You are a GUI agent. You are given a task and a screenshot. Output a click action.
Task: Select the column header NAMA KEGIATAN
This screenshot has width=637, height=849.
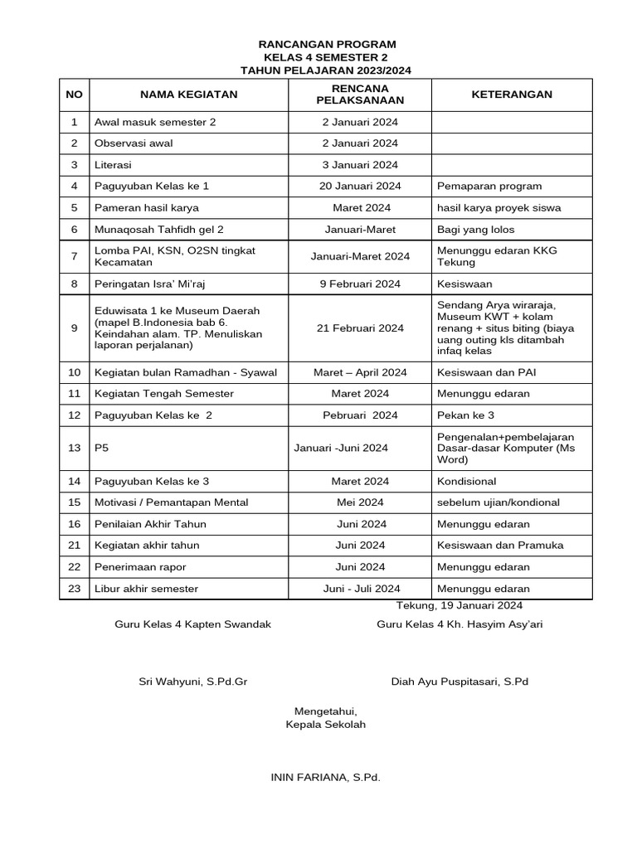click(188, 95)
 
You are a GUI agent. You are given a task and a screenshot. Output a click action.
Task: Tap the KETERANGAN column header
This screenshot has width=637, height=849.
click(511, 95)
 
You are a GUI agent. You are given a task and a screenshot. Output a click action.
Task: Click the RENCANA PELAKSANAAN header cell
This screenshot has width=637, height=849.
click(360, 95)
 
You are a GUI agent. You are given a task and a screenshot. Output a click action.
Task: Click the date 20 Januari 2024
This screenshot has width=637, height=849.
click(360, 187)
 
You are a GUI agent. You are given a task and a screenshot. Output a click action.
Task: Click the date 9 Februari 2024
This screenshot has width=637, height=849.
click(360, 284)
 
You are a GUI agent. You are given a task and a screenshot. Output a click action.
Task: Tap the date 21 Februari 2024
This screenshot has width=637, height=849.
click(360, 328)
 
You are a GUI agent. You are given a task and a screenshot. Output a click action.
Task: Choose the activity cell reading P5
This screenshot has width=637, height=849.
click(102, 449)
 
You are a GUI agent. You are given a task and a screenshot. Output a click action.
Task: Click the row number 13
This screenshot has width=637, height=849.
click(74, 449)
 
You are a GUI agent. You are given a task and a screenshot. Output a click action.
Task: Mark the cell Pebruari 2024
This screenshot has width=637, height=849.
click(360, 415)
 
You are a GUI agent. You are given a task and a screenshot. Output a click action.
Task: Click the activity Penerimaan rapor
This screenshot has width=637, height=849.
click(142, 567)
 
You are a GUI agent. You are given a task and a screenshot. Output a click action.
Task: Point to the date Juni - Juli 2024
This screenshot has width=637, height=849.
click(361, 589)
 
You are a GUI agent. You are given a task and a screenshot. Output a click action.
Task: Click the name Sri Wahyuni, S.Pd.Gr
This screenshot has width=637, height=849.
click(192, 682)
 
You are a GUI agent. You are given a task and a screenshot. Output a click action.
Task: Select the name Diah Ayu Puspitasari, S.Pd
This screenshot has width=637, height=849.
click(460, 682)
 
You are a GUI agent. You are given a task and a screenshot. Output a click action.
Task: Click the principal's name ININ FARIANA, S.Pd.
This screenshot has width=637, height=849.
click(325, 777)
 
